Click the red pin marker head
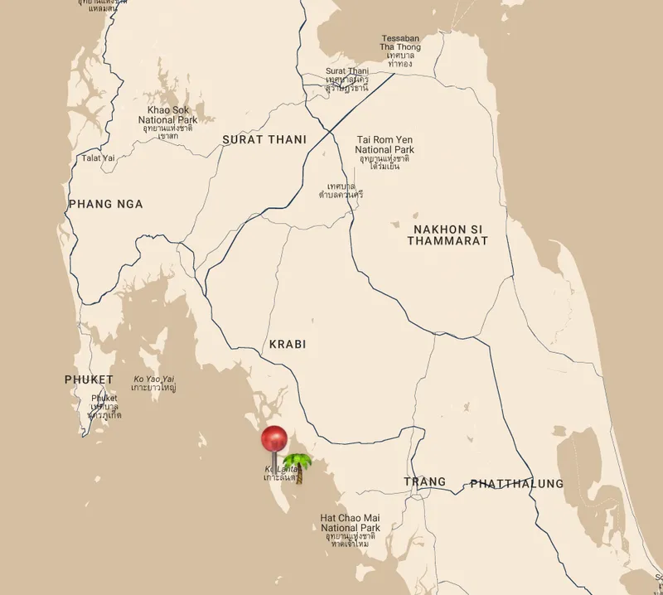click(x=273, y=438)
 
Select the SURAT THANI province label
click(x=264, y=140)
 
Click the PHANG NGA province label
click(x=106, y=204)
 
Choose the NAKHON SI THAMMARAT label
click(x=447, y=234)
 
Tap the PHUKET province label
click(x=89, y=380)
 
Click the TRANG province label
click(x=424, y=481)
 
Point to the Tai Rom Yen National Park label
click(x=385, y=148)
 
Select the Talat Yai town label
click(x=97, y=157)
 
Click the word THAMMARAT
click(x=447, y=240)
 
